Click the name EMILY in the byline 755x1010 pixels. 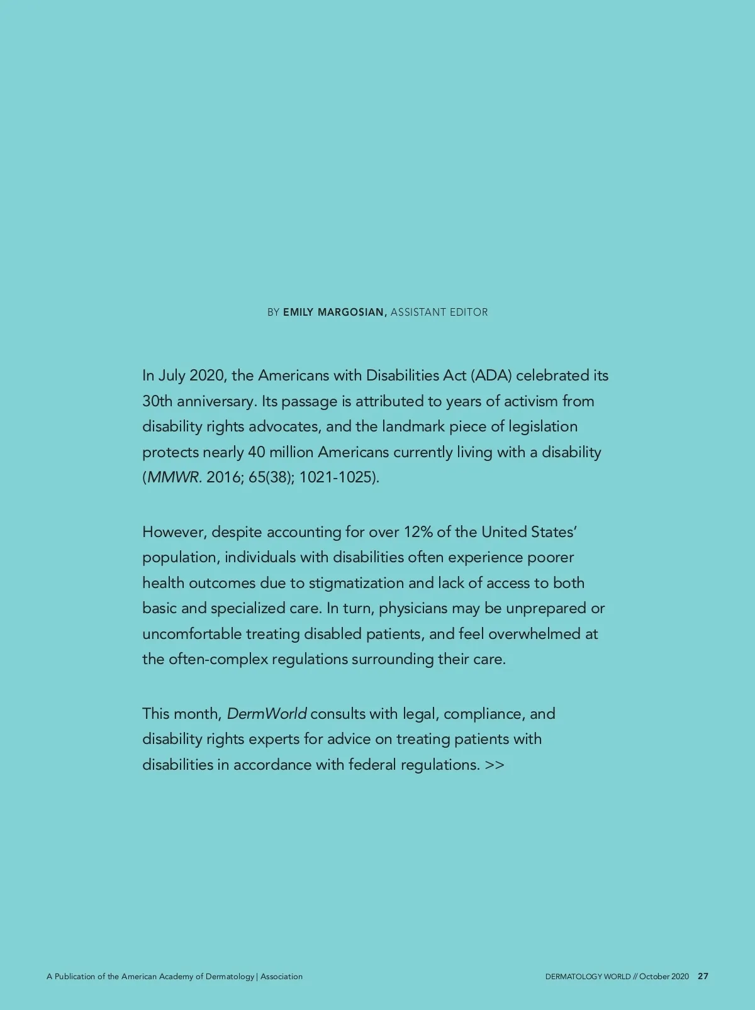pos(298,313)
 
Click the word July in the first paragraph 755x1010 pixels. pos(171,376)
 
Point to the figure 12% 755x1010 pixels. pos(418,532)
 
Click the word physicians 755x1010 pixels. pos(413,609)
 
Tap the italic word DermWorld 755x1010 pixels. pos(267,714)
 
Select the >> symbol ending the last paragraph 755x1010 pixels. pos(495,765)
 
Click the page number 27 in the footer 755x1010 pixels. pos(703,977)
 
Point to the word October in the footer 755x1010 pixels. pos(654,977)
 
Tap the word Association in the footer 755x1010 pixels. pos(281,977)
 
